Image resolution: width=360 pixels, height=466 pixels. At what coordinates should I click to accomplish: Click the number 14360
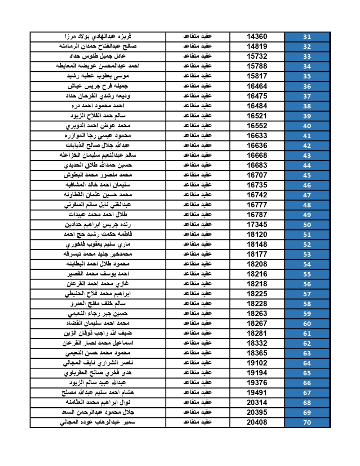click(x=257, y=36)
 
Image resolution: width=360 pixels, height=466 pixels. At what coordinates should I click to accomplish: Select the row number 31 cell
click(x=307, y=37)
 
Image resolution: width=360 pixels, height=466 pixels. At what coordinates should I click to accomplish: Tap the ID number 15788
click(x=257, y=66)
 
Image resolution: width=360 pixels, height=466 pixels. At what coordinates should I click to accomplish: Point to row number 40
click(x=307, y=126)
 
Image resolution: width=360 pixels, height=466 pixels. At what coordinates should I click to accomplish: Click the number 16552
click(x=257, y=126)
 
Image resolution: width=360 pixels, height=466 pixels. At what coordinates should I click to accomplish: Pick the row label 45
click(x=307, y=175)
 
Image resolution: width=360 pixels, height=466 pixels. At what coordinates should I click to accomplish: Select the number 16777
click(x=257, y=205)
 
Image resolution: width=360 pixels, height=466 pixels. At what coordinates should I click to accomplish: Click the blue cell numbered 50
click(x=307, y=225)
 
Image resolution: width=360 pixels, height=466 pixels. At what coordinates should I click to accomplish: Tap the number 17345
click(x=257, y=224)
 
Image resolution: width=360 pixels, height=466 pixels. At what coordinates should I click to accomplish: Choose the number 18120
click(x=257, y=234)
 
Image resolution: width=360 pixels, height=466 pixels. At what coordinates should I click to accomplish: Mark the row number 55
click(x=307, y=274)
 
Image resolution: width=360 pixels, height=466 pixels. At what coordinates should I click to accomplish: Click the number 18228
click(x=257, y=304)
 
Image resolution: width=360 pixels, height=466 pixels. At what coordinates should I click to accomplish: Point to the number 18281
click(x=257, y=333)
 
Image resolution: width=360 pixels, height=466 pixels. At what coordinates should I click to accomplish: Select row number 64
click(x=307, y=363)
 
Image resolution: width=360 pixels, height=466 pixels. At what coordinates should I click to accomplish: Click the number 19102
click(x=257, y=363)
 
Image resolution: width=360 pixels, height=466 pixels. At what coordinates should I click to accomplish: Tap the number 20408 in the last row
click(x=257, y=422)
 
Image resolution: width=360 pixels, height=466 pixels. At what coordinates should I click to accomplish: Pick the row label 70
click(x=307, y=422)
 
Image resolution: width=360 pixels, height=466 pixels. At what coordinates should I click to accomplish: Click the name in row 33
click(x=98, y=56)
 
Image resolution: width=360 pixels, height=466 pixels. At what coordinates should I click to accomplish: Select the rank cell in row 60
click(x=197, y=323)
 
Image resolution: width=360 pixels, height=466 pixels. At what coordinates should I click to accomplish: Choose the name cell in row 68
click(x=98, y=402)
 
